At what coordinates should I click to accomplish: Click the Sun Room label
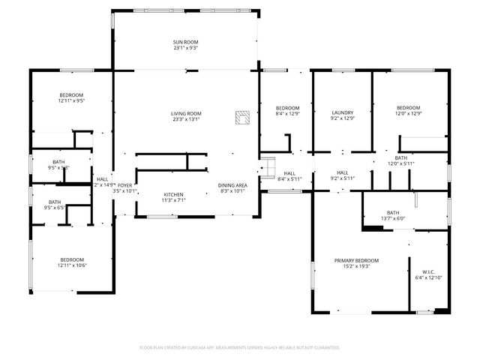(185, 41)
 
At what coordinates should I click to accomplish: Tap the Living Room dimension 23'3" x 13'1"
(186, 119)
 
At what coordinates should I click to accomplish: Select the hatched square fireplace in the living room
(242, 117)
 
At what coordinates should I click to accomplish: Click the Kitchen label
(174, 195)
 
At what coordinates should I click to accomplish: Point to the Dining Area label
(232, 185)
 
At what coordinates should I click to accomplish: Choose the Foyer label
(124, 185)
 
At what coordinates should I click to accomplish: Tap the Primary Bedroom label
(356, 260)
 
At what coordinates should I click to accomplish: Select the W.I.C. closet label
(428, 272)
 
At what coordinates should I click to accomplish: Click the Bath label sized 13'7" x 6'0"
(393, 212)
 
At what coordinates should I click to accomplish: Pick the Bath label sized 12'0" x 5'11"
(400, 158)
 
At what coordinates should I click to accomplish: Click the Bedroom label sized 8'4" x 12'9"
(287, 108)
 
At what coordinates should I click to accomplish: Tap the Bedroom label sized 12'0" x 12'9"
(409, 108)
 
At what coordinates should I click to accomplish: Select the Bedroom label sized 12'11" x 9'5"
(72, 94)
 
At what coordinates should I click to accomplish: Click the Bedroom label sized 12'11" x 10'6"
(72, 259)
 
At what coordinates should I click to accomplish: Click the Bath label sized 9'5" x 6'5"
(55, 202)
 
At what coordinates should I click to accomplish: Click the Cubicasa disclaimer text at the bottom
(240, 347)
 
